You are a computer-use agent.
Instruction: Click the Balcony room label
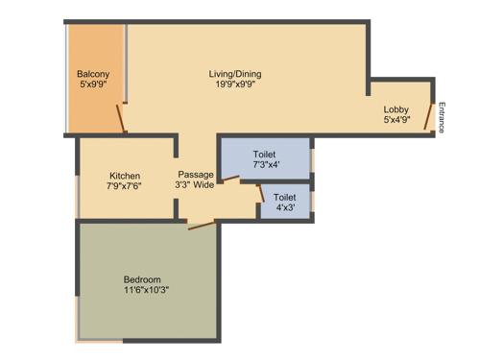tap(93, 74)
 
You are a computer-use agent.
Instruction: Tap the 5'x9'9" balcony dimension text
tap(93, 84)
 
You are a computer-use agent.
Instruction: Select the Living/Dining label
tap(235, 74)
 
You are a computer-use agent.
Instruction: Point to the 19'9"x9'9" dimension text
tap(235, 84)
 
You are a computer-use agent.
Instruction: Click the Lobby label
tap(396, 109)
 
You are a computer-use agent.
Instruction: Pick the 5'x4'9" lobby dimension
tap(396, 120)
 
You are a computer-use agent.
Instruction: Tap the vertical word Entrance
tap(443, 117)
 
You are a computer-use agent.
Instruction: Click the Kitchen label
tap(125, 176)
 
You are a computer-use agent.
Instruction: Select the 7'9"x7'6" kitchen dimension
tap(125, 186)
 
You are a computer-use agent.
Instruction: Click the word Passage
tap(196, 174)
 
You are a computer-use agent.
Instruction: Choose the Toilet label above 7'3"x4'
tap(265, 155)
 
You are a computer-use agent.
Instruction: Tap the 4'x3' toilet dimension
tap(285, 207)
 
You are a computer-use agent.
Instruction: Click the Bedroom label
tap(146, 278)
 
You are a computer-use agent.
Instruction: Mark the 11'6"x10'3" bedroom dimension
tap(146, 289)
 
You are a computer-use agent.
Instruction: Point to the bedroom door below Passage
tap(202, 227)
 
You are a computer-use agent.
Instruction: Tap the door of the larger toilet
tap(230, 180)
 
